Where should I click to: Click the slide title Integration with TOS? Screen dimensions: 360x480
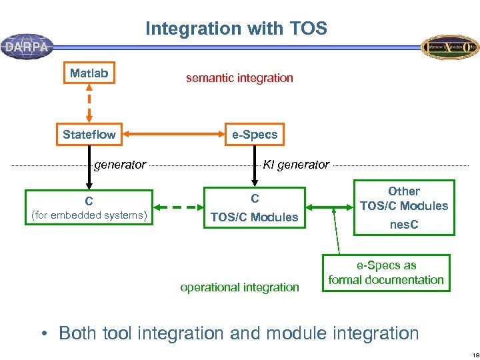[236, 29]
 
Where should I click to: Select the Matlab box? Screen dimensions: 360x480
[89, 73]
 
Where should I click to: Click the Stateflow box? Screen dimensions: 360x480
[89, 135]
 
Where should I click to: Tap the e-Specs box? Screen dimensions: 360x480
[254, 135]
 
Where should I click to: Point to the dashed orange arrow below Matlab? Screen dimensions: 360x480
[89, 103]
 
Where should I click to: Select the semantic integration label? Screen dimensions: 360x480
[239, 78]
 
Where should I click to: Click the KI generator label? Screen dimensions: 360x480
[296, 165]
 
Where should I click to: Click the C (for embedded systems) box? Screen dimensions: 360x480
[89, 207]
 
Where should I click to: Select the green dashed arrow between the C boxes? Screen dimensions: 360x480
[179, 207]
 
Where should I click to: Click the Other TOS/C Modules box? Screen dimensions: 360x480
[404, 199]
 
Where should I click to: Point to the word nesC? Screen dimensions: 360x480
[404, 225]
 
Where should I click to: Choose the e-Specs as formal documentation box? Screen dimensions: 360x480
[386, 273]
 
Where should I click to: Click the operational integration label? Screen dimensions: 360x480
[239, 287]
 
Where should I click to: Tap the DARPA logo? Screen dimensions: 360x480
[27, 47]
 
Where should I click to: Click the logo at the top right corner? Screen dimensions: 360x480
[450, 47]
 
